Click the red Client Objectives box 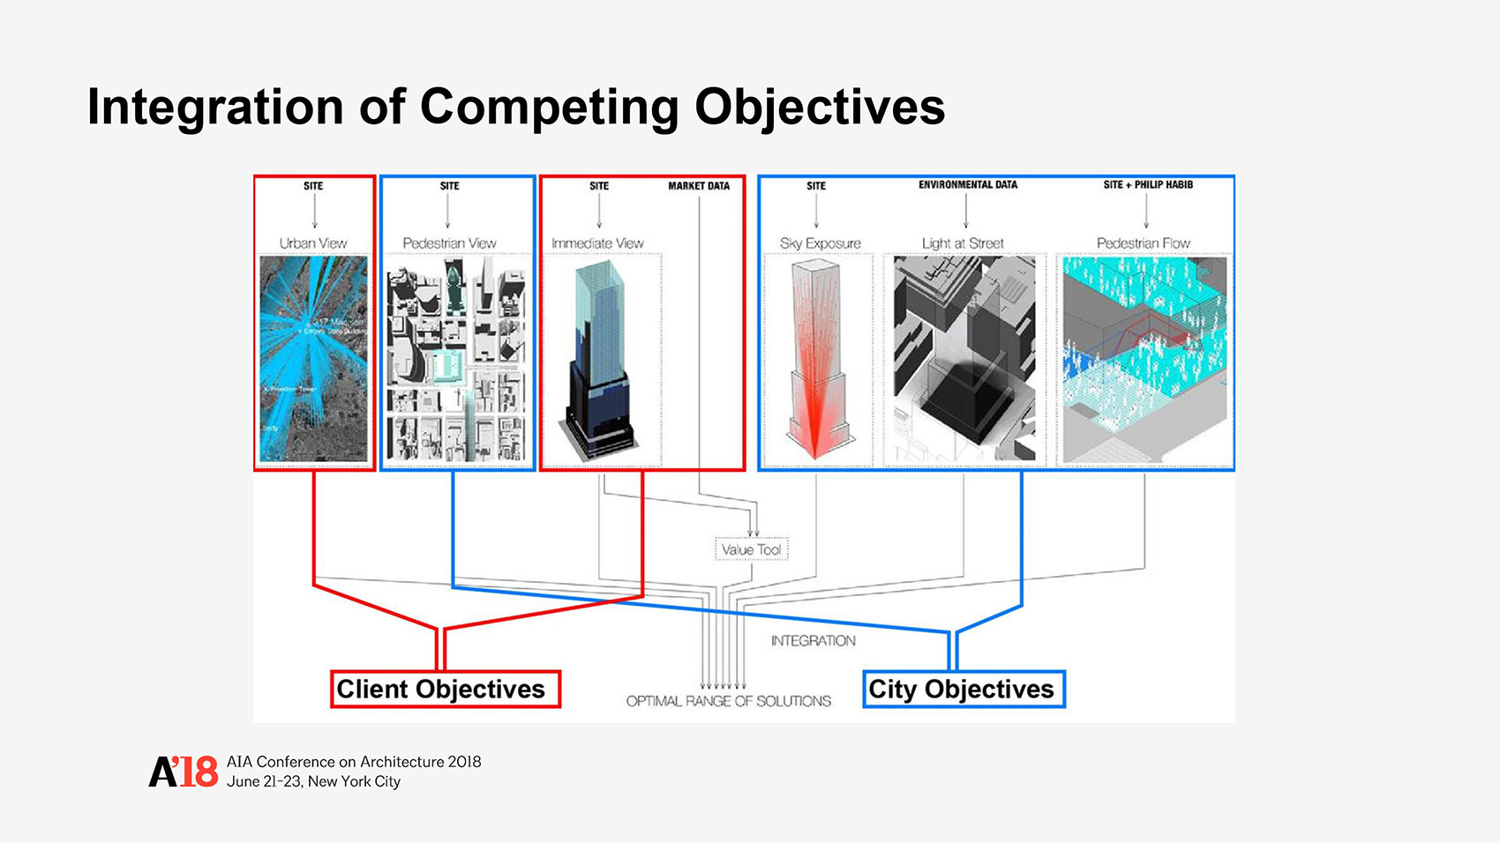point(446,689)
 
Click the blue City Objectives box point(964,689)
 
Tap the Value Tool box point(751,549)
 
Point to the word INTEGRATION point(813,641)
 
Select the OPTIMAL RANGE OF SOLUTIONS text point(728,701)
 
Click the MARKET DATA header point(699,186)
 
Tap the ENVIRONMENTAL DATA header point(967,185)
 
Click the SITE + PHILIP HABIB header point(1147,185)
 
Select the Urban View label point(313,243)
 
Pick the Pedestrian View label point(449,243)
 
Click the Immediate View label point(597,243)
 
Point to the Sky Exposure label point(820,243)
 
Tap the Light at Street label point(963,243)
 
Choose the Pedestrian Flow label point(1143,243)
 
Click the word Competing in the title point(550,107)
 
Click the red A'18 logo point(184,772)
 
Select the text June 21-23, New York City point(313,782)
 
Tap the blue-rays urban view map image point(314,360)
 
